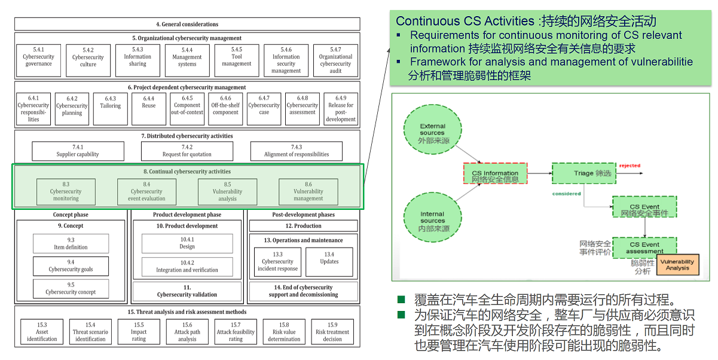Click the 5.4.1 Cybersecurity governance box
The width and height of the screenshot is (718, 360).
click(x=39, y=60)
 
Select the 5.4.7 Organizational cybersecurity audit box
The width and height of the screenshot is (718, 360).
click(x=335, y=60)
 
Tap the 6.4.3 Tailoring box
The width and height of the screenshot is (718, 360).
click(x=111, y=109)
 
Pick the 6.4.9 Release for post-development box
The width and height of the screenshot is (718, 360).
click(x=341, y=109)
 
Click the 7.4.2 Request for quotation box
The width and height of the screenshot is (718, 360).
click(x=187, y=151)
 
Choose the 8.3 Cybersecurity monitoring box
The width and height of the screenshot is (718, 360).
click(x=66, y=191)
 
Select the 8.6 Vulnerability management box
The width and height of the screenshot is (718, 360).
click(x=308, y=191)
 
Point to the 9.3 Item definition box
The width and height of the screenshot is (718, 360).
click(x=71, y=243)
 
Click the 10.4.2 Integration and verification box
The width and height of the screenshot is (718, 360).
click(x=187, y=266)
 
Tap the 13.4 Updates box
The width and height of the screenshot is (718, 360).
click(x=329, y=261)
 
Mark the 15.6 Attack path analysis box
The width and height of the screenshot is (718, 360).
click(x=187, y=332)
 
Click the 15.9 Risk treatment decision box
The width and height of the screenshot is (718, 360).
click(x=332, y=332)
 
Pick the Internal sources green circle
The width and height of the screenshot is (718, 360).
click(x=432, y=217)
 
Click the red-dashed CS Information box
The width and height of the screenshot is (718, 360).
click(x=495, y=173)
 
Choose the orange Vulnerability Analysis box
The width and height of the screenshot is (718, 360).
click(x=677, y=265)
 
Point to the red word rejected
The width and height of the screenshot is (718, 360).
click(x=630, y=166)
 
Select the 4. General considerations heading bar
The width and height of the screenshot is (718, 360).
click(x=187, y=25)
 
